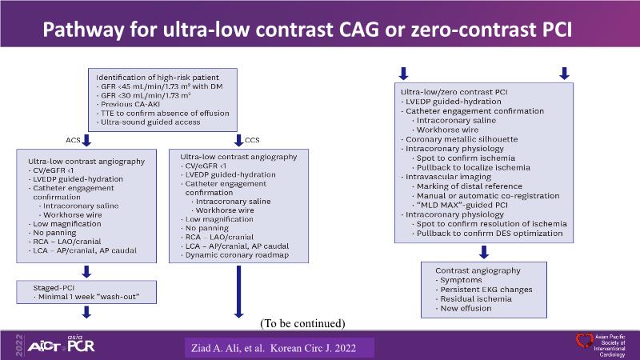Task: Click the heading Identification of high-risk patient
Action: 157,77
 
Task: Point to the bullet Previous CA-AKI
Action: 133,105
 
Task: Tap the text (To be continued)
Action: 302,323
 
